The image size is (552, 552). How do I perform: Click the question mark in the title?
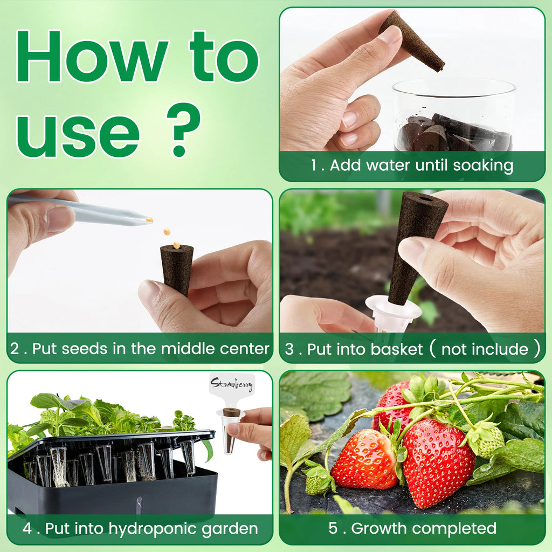point(183,130)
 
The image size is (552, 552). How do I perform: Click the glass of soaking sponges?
point(453,116)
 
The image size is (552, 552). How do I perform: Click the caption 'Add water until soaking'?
point(421,165)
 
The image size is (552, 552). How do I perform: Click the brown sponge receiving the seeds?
point(177,268)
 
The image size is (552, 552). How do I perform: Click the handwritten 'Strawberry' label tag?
point(232,385)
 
